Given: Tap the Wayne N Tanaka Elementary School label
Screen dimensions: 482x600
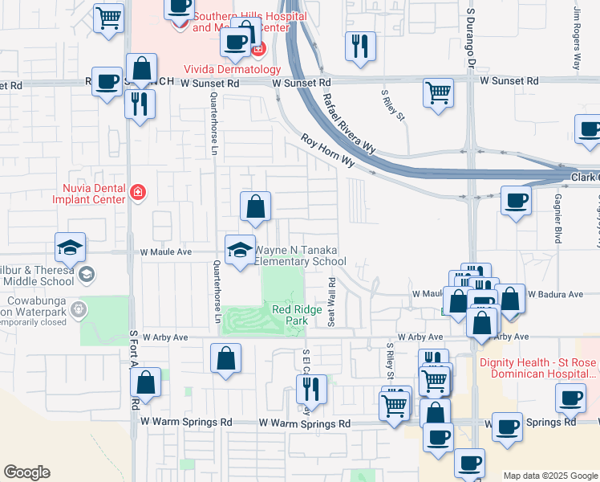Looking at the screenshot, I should click(300, 255).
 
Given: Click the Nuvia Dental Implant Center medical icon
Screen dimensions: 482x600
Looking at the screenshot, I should click(138, 192).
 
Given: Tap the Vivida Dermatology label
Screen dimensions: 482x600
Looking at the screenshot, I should click(233, 70).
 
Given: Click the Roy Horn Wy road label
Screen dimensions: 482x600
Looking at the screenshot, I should click(327, 150).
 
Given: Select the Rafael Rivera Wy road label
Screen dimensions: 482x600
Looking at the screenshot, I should click(349, 123).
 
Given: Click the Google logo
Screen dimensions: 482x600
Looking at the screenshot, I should click(26, 472).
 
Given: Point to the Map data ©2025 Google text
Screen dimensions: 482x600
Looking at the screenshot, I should click(550, 476).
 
